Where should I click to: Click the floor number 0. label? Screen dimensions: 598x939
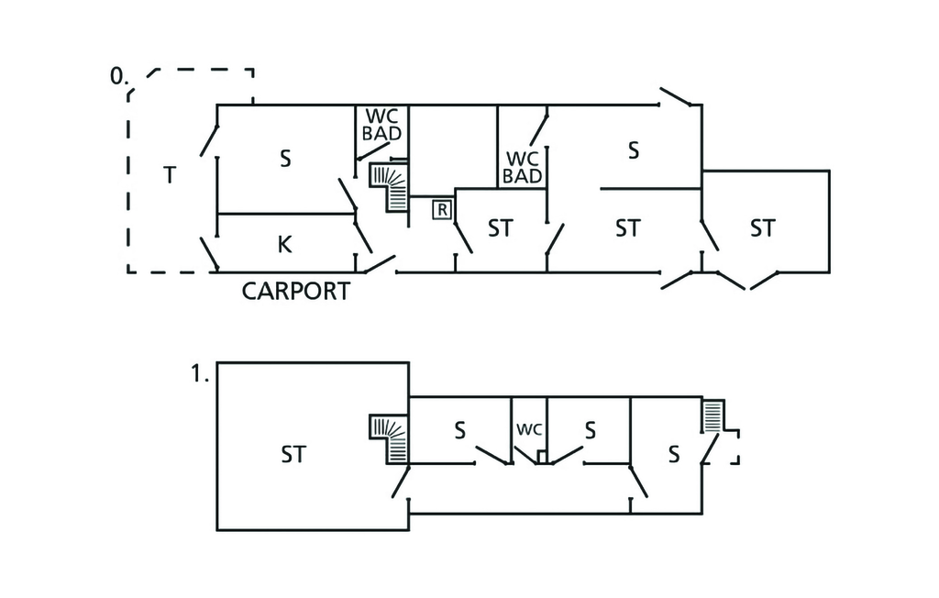click(x=117, y=76)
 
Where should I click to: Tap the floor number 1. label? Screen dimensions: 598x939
click(x=201, y=374)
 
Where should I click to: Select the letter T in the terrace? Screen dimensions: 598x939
click(x=169, y=174)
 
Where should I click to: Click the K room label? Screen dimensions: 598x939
click(x=284, y=244)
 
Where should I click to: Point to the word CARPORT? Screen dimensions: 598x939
click(x=295, y=292)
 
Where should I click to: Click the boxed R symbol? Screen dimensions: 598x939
click(x=442, y=209)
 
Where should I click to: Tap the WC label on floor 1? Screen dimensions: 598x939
click(x=529, y=428)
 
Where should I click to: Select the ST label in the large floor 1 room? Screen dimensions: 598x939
click(x=293, y=454)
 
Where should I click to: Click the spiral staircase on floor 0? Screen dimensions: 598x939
click(x=390, y=186)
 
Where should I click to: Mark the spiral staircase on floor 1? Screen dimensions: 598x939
click(x=390, y=438)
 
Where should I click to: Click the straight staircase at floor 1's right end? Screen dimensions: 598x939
click(x=713, y=416)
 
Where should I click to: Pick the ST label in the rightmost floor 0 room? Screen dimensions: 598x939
click(x=762, y=227)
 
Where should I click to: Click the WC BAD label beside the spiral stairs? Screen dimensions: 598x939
click(x=381, y=125)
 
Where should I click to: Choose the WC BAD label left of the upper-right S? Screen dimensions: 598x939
click(x=522, y=167)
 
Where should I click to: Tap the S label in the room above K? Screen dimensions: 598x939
click(x=285, y=159)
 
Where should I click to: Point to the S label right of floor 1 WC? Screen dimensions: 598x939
click(x=591, y=429)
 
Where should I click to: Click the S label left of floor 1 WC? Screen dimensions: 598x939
click(x=460, y=429)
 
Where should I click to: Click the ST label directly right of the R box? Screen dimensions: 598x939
click(x=500, y=227)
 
